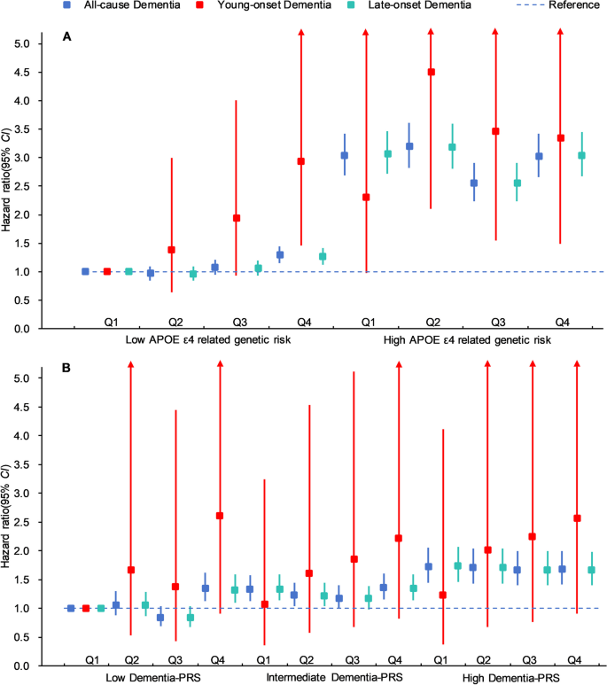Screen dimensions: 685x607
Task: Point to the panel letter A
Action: pyautogui.click(x=67, y=36)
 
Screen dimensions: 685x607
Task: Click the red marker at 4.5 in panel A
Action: pyautogui.click(x=432, y=73)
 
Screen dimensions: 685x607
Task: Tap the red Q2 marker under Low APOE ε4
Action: pyautogui.click(x=172, y=250)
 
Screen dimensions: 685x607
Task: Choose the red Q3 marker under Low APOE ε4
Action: pyautogui.click(x=237, y=218)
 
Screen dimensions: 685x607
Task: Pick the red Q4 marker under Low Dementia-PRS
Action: pyautogui.click(x=220, y=516)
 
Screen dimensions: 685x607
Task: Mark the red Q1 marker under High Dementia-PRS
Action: pyautogui.click(x=443, y=595)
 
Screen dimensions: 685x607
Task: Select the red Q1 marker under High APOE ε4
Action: pyautogui.click(x=366, y=197)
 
